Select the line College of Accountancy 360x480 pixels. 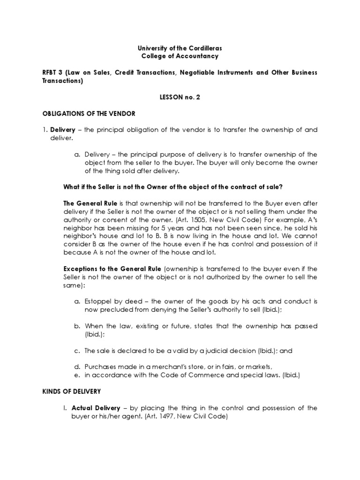click(x=180, y=56)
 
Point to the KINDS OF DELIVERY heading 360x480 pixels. click(x=72, y=391)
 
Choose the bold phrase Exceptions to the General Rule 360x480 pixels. click(x=112, y=269)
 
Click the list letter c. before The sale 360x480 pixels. click(x=77, y=350)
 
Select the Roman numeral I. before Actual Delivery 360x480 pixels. click(x=52, y=407)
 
